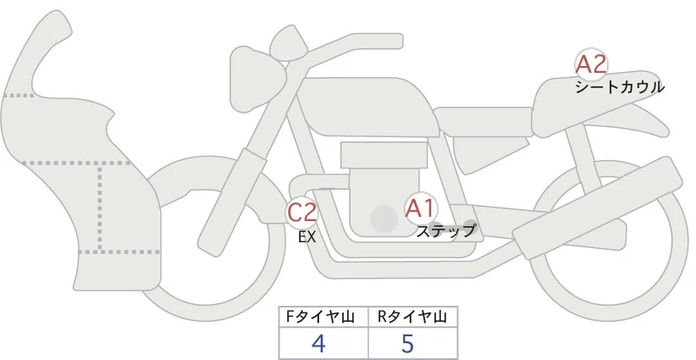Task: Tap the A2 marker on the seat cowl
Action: [x=592, y=64]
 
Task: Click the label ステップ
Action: [x=446, y=230]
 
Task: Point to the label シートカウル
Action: [x=620, y=86]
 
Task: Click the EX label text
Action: [x=307, y=237]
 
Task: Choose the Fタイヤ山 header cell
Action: [x=323, y=318]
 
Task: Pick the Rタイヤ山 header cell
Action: [x=412, y=318]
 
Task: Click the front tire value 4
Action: [x=319, y=343]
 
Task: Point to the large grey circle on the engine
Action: [x=384, y=219]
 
